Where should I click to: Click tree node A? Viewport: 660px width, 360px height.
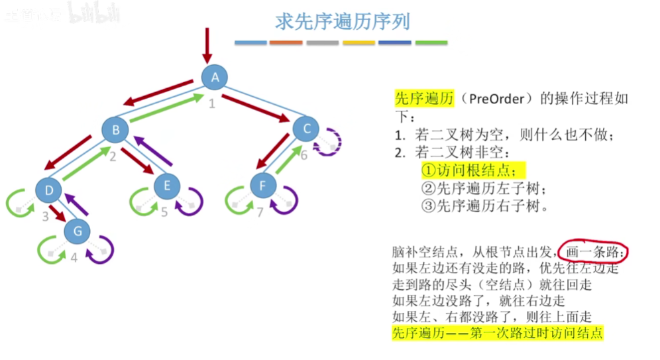(x=215, y=78)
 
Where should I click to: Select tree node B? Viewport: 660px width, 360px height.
(x=115, y=130)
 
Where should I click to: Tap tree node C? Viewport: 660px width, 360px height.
(x=306, y=128)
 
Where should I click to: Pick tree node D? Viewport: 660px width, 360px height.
(x=48, y=191)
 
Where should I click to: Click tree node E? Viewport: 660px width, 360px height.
(x=166, y=186)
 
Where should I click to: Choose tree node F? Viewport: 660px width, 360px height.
(x=262, y=186)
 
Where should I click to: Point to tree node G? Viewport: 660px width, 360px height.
(x=78, y=231)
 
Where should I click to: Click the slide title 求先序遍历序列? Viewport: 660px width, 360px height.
(x=342, y=22)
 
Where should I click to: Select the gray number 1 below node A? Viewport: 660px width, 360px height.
(x=212, y=103)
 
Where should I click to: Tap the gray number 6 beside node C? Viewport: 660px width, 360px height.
(x=303, y=155)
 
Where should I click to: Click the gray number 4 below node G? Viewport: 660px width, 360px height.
(x=74, y=257)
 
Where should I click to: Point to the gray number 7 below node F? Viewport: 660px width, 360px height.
(x=260, y=212)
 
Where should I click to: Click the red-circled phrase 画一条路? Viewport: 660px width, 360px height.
(x=592, y=253)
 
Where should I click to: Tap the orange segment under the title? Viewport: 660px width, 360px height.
(x=286, y=43)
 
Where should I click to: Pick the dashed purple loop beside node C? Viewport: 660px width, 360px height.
(x=329, y=141)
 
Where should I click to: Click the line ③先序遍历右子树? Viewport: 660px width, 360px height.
(x=486, y=205)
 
